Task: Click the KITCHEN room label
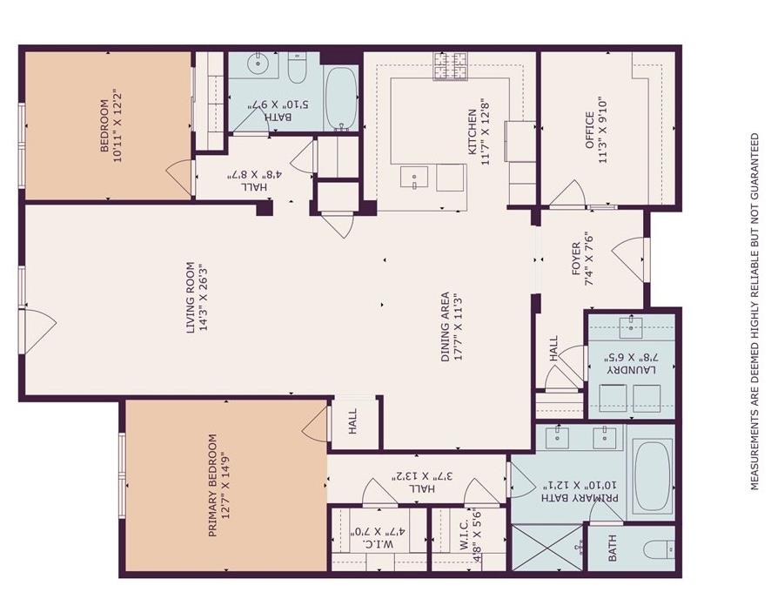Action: (472, 131)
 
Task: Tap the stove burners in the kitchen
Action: (450, 66)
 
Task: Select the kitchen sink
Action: (414, 178)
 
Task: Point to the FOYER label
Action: (576, 259)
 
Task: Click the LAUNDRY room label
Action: (632, 370)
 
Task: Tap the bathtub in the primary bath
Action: (652, 476)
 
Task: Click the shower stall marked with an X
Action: (546, 548)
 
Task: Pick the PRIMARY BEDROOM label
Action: (212, 486)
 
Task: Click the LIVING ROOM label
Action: (191, 297)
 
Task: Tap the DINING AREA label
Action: (446, 327)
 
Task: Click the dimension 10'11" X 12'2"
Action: (118, 126)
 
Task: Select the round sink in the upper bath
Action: (258, 64)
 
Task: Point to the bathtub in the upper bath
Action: (341, 98)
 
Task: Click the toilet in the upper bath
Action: (297, 68)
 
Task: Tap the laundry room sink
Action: (631, 328)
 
